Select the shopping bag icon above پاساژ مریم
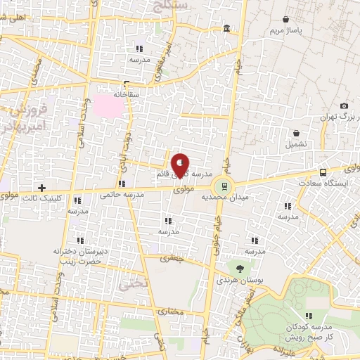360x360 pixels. [x=285, y=19]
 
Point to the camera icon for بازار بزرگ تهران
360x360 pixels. [x=344, y=106]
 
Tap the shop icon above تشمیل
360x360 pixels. [x=296, y=133]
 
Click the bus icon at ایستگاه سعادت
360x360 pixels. [x=323, y=172]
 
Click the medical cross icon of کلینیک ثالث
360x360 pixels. [x=42, y=188]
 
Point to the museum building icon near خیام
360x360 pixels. [x=226, y=29]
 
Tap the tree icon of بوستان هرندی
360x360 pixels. [x=241, y=268]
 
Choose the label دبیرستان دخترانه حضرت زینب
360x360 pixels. [x=80, y=255]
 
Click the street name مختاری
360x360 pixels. [x=171, y=311]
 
